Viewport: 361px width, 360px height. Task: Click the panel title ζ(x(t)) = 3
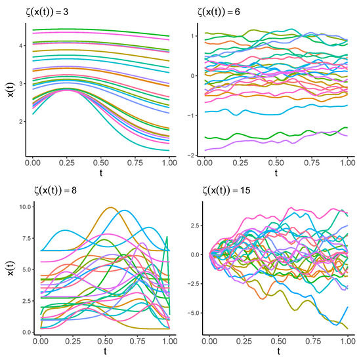47,12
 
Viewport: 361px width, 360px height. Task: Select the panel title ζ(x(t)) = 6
219,12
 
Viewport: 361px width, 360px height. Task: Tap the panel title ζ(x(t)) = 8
55,190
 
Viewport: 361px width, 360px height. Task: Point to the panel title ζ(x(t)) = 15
226,190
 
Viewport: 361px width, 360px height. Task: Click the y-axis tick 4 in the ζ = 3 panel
21,45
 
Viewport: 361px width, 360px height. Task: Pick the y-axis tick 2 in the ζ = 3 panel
21,121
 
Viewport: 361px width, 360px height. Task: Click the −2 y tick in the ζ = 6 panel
191,155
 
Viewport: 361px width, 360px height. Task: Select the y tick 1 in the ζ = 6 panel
193,36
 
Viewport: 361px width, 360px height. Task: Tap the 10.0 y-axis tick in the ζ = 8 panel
25,207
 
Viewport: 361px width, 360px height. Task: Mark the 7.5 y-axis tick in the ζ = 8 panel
26,238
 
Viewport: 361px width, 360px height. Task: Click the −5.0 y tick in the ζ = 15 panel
194,313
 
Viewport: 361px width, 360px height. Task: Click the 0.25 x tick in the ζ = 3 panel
66,163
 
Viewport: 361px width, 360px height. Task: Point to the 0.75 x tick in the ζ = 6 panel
312,163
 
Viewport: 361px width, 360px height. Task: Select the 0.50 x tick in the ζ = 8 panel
105,341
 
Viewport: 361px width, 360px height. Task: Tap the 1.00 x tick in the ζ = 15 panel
348,341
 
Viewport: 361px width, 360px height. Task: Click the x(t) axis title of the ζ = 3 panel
11,90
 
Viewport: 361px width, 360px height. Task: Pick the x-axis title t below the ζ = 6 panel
276,172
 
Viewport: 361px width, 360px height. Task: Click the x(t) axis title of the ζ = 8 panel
11,268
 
